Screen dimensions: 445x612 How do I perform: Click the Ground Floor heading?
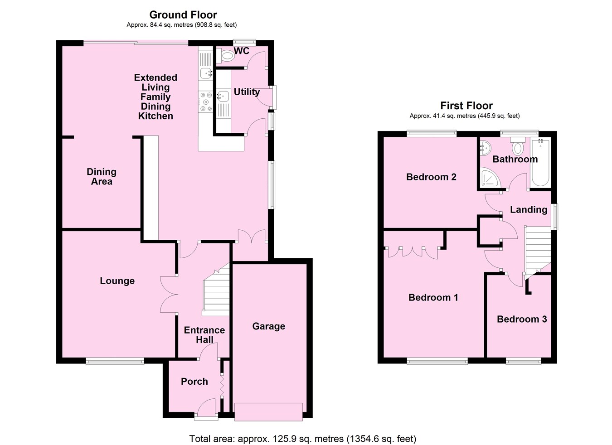click(x=183, y=15)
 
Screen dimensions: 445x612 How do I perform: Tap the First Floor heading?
click(x=466, y=106)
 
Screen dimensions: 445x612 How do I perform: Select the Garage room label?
click(x=268, y=326)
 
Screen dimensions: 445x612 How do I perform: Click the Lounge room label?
click(x=117, y=281)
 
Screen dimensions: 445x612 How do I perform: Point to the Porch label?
click(x=194, y=382)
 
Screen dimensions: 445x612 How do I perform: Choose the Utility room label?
click(x=247, y=92)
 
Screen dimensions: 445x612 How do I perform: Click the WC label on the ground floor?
click(x=242, y=51)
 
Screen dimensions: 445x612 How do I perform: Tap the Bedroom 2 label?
click(x=431, y=177)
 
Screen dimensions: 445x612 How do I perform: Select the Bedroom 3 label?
click(x=521, y=319)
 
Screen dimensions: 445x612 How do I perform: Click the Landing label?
click(x=528, y=209)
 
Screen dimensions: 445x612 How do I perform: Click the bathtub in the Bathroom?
click(x=540, y=163)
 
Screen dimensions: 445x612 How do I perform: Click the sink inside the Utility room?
click(x=223, y=96)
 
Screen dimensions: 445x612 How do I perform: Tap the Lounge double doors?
click(x=169, y=295)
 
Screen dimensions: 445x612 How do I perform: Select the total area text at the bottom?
click(x=302, y=438)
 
